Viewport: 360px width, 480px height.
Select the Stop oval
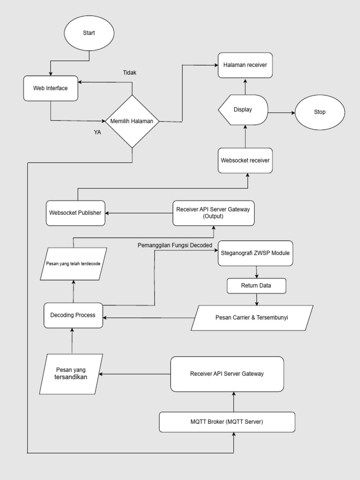click(320, 112)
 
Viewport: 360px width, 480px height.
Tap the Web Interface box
click(51, 88)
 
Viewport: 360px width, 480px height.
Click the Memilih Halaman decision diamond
click(132, 121)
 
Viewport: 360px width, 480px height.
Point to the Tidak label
click(129, 73)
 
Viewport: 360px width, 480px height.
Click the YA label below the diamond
click(97, 132)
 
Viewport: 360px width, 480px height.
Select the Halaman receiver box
click(245, 65)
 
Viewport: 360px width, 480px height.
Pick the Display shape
click(243, 110)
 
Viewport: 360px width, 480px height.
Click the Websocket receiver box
click(245, 160)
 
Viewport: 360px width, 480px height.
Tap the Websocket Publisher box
click(75, 213)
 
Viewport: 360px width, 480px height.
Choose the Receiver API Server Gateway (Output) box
click(213, 213)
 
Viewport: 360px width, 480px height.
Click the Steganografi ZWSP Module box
click(255, 253)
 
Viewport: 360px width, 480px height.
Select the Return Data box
click(256, 285)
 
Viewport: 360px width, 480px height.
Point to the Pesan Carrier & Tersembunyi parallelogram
click(252, 318)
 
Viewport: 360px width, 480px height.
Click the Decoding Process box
click(73, 315)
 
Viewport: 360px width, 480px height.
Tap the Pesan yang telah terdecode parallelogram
click(73, 264)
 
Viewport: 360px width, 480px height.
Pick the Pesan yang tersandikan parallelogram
click(71, 374)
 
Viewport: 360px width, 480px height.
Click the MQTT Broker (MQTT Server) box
click(227, 422)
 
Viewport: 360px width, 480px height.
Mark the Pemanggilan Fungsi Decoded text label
click(175, 245)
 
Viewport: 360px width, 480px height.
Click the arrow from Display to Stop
click(281, 112)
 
